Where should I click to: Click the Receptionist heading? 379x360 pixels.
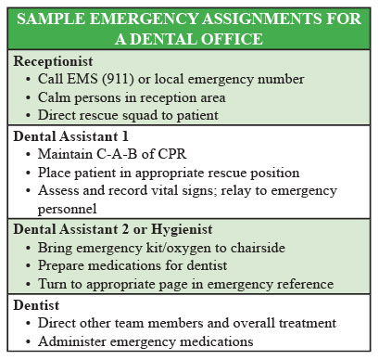53,61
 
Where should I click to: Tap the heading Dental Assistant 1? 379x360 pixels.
70,136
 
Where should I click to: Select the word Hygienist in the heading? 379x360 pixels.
182,230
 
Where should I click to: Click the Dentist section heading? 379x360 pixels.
36,305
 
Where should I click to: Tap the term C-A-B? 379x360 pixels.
117,154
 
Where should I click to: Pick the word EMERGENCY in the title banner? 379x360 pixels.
144,19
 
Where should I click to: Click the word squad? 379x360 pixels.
141,116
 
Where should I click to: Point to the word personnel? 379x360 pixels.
67,209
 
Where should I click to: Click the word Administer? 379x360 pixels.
72,341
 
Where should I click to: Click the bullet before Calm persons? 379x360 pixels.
28,98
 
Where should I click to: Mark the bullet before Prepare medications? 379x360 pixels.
28,265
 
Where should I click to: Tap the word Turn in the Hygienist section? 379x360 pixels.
52,284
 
